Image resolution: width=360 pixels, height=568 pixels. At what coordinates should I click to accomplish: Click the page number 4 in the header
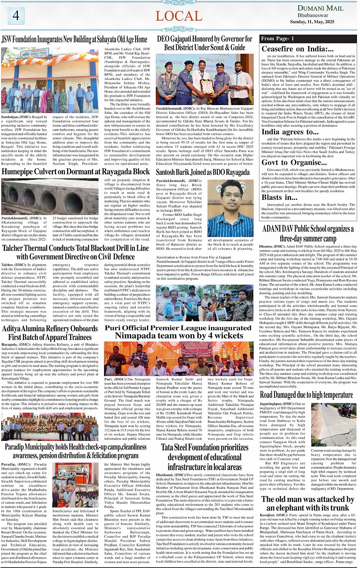(16, 15)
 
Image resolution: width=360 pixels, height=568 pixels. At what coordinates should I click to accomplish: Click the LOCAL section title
(179, 16)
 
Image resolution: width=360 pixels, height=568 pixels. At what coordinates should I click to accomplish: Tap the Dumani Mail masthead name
(320, 8)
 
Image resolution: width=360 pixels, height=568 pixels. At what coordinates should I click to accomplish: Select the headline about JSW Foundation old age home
(74, 39)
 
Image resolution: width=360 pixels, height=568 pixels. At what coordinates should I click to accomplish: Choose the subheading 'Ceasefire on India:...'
(298, 49)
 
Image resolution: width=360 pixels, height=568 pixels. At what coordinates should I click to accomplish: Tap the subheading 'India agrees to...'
(290, 132)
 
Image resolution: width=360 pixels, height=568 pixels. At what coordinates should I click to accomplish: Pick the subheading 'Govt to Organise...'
(294, 163)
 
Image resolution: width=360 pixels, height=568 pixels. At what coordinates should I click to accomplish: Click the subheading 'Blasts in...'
(279, 197)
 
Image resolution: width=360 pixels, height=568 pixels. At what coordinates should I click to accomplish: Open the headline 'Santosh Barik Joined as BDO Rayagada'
(203, 172)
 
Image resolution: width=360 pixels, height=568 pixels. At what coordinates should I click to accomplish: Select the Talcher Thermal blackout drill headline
(75, 252)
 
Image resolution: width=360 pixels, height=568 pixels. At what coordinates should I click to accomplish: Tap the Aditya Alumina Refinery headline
(50, 332)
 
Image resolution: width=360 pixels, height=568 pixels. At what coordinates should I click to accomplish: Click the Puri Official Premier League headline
(179, 332)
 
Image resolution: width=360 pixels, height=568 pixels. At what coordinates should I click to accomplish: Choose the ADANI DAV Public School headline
(308, 233)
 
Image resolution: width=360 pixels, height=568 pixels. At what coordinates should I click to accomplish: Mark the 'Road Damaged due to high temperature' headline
(306, 395)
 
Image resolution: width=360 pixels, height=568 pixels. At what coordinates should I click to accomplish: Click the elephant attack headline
(307, 503)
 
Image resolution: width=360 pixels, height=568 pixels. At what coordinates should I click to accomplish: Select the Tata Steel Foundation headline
(205, 457)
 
